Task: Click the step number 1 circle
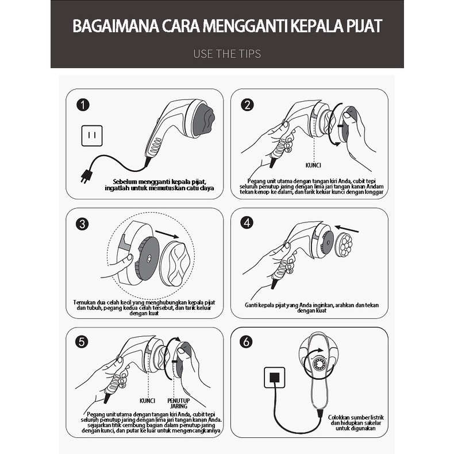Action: click(84, 105)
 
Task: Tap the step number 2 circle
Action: click(247, 105)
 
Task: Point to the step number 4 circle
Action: click(247, 223)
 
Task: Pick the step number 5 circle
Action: click(83, 341)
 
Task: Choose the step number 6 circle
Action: click(247, 341)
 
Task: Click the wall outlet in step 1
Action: click(92, 136)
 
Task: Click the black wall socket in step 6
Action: click(275, 378)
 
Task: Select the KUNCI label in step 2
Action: click(313, 166)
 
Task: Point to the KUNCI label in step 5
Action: click(148, 401)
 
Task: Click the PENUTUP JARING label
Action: click(179, 403)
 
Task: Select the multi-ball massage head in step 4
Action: click(344, 245)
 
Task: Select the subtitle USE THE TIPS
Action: click(227, 54)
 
